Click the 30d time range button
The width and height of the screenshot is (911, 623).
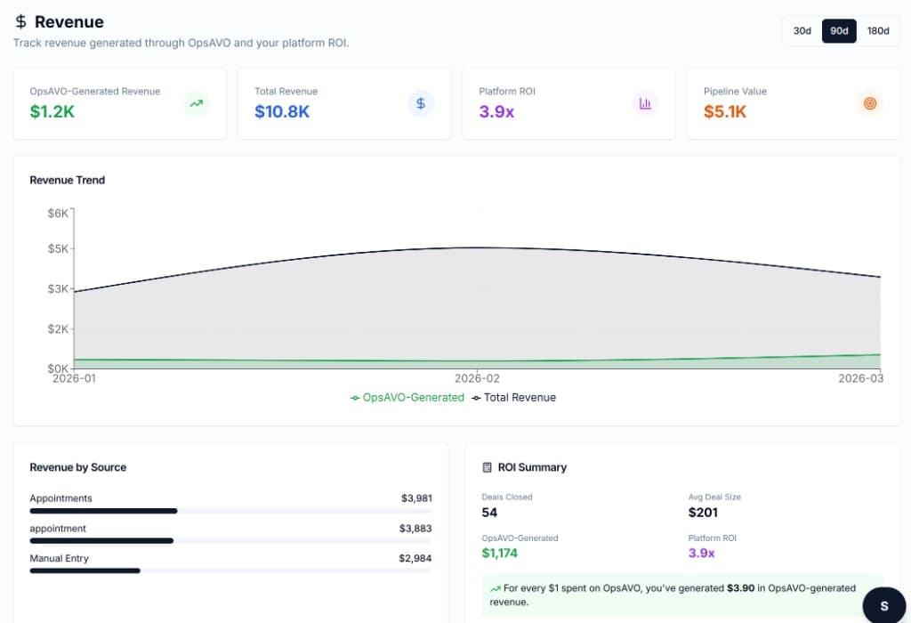point(802,31)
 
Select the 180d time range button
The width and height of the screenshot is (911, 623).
point(877,31)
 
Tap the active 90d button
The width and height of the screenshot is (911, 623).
point(839,31)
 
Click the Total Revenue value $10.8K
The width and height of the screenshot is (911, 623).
point(282,111)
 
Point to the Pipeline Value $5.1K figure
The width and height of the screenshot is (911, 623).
point(725,111)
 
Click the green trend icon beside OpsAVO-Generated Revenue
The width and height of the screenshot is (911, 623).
point(196,103)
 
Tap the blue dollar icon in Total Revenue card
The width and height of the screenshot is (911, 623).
point(421,103)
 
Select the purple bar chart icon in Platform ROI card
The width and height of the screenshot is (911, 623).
point(645,103)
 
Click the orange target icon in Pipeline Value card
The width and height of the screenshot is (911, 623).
point(869,103)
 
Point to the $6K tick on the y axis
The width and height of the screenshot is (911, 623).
point(58,213)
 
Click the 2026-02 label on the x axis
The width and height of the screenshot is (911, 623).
point(479,378)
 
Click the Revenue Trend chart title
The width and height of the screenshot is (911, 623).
point(68,180)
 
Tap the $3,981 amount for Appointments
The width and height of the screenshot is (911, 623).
point(416,498)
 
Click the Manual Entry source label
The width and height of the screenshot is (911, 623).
point(60,558)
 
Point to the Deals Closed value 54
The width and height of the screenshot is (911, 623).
point(489,513)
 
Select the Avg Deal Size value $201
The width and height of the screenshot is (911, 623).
point(703,513)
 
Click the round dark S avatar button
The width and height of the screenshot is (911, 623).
point(884,606)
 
